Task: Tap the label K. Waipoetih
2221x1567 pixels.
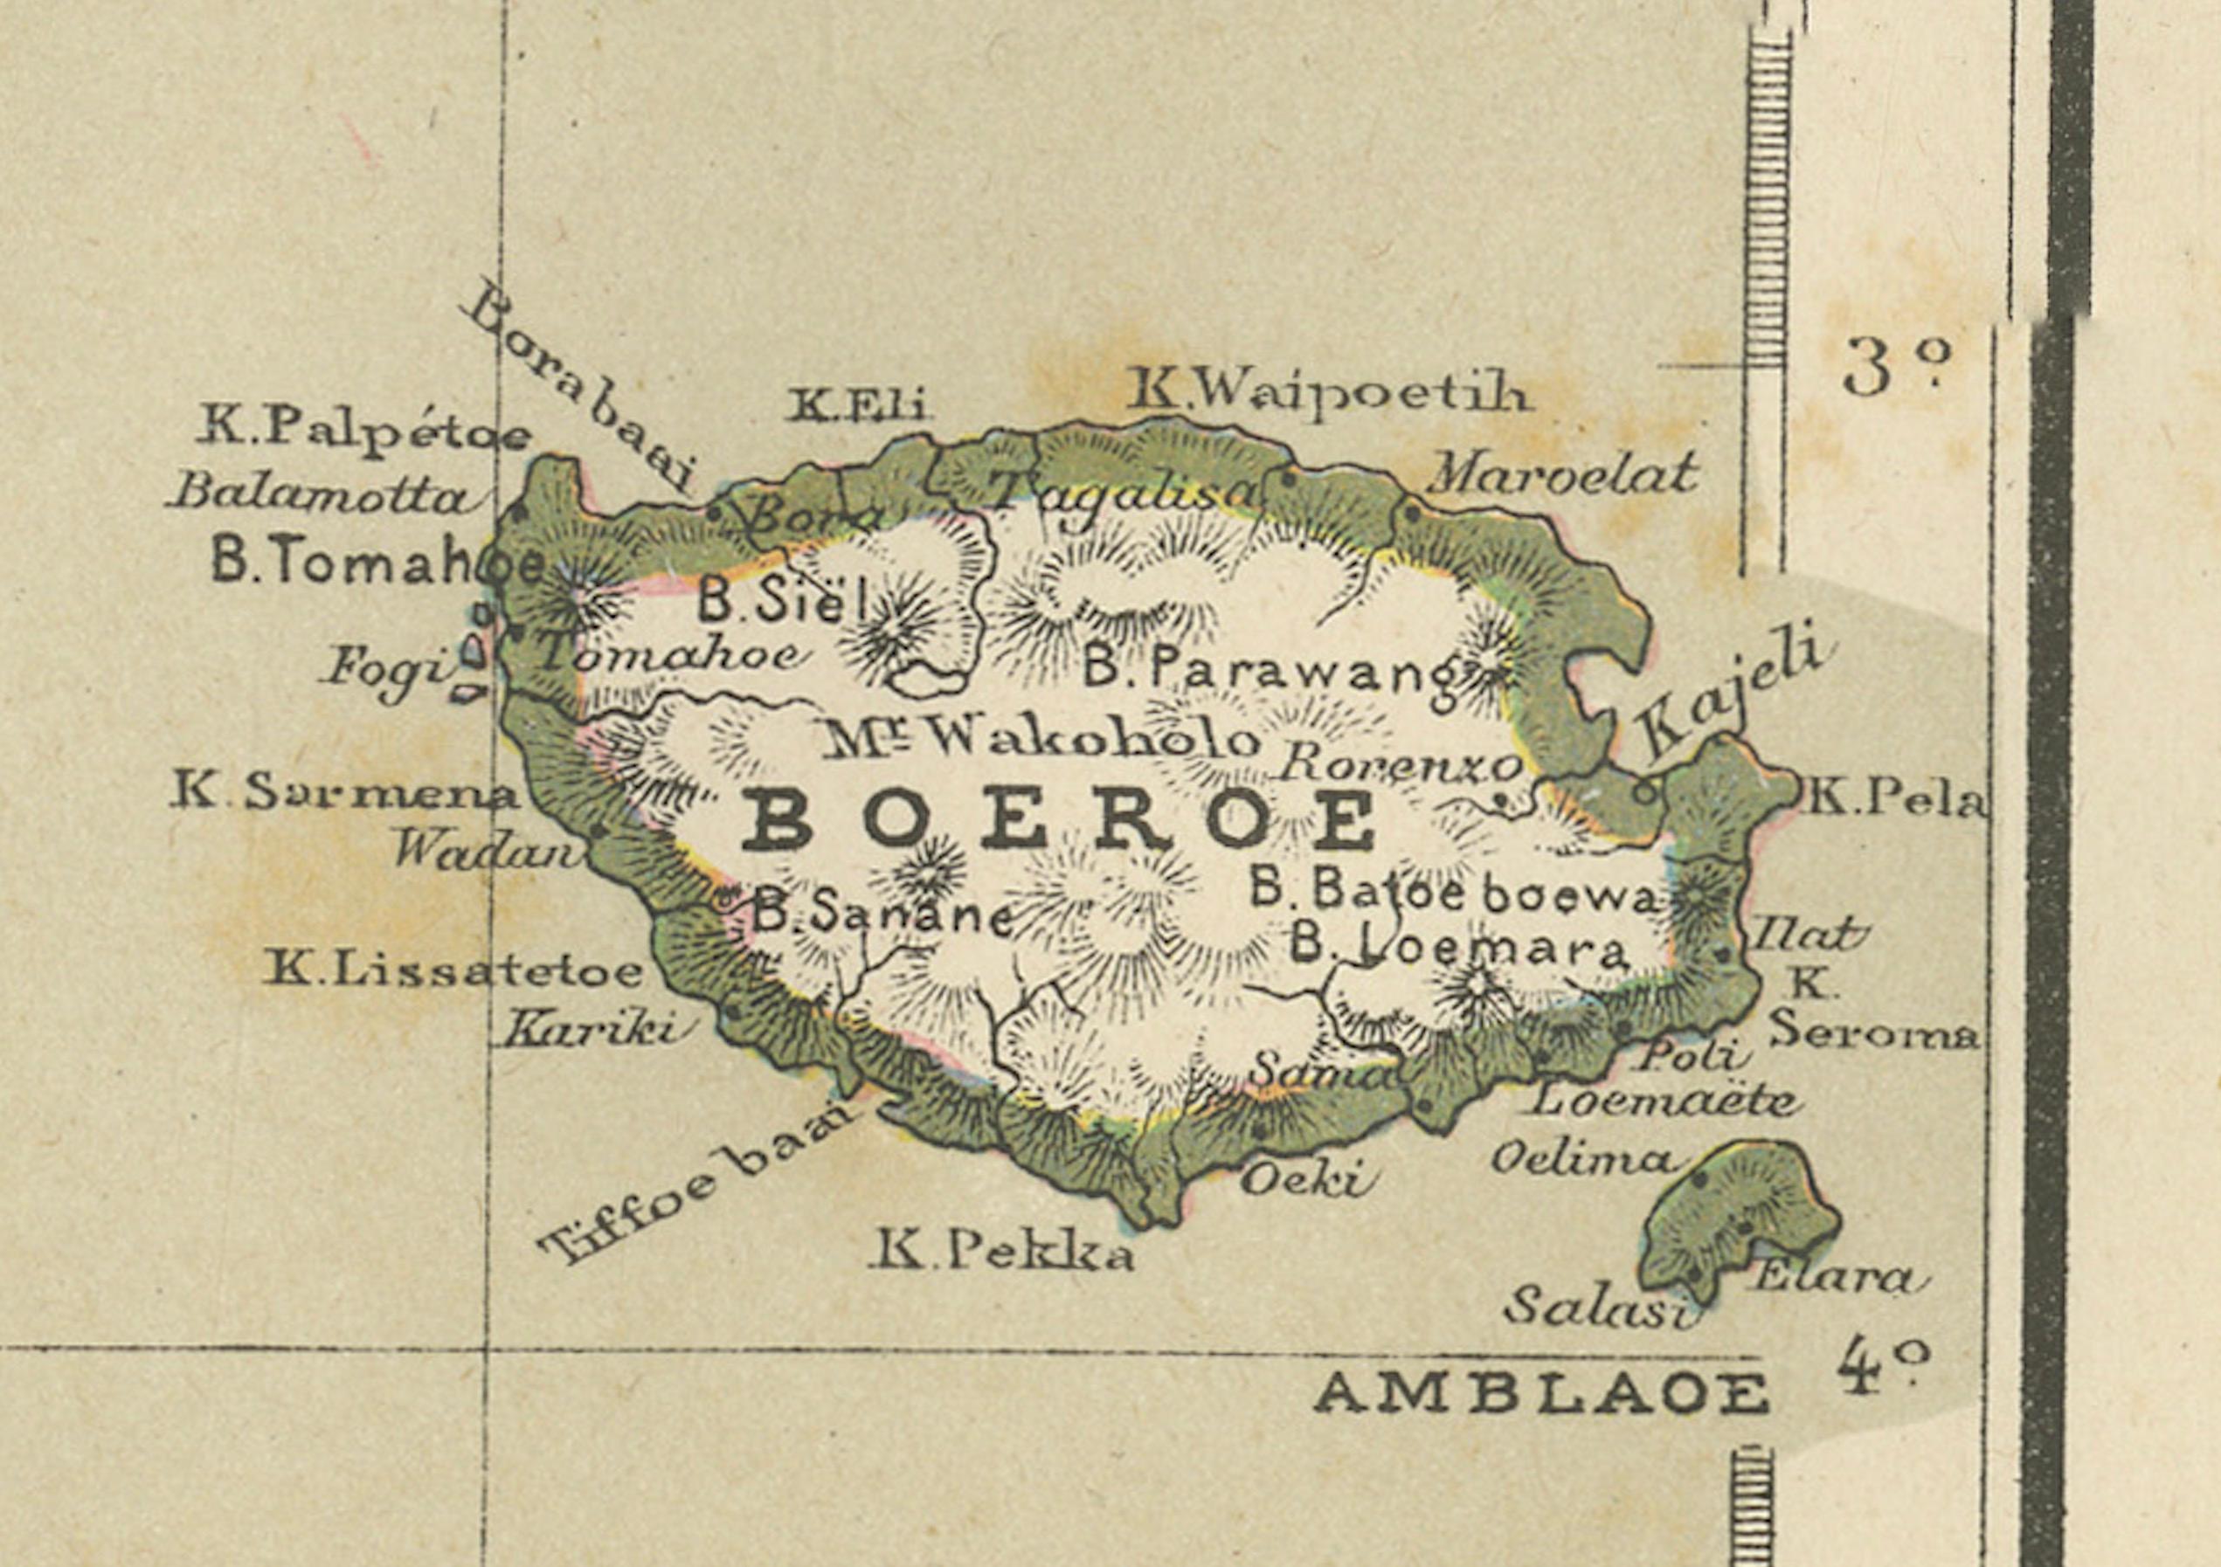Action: point(1330,391)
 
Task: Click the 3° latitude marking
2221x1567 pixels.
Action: point(1893,368)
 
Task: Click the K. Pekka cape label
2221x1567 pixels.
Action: point(1002,1253)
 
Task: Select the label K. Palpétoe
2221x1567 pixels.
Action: point(363,426)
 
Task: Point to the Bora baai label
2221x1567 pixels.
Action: point(580,388)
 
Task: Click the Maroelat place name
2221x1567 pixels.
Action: point(1564,474)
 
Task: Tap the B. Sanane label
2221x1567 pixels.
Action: point(882,914)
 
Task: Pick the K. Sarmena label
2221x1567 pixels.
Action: point(345,793)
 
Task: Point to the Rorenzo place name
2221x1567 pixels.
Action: point(1400,764)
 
